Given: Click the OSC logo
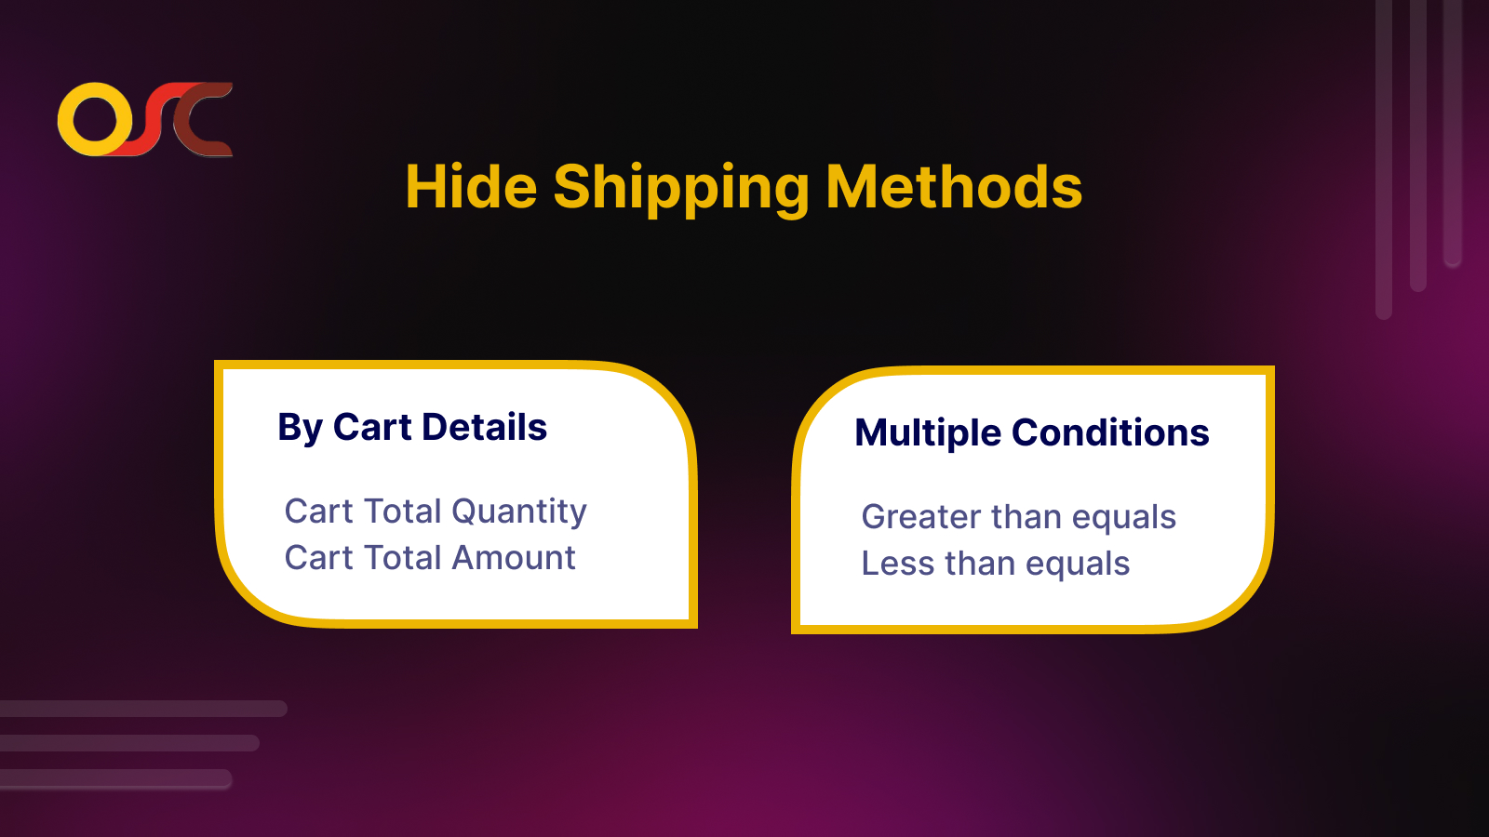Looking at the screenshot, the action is (145, 120).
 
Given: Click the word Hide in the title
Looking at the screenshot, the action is (471, 187).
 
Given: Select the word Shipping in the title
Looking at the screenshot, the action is (681, 190).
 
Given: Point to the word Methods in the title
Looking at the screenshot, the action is (954, 187).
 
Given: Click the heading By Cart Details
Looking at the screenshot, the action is (412, 427).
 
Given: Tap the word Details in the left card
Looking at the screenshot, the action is (485, 427).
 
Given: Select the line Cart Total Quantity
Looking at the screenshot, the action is (436, 512).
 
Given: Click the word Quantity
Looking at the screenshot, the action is (519, 512).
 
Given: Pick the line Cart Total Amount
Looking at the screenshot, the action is (430, 557).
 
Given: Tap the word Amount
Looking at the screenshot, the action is (514, 557).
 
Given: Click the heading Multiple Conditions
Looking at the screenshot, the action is (1032, 433).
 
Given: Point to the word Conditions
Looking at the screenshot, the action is (1110, 432).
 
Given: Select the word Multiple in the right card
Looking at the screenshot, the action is (928, 433).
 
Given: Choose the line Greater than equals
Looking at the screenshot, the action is (1018, 517).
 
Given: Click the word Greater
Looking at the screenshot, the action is (921, 517).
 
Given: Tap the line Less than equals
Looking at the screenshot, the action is (995, 564).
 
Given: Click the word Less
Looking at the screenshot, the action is (898, 564).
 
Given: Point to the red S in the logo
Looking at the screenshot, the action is (148, 120).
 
